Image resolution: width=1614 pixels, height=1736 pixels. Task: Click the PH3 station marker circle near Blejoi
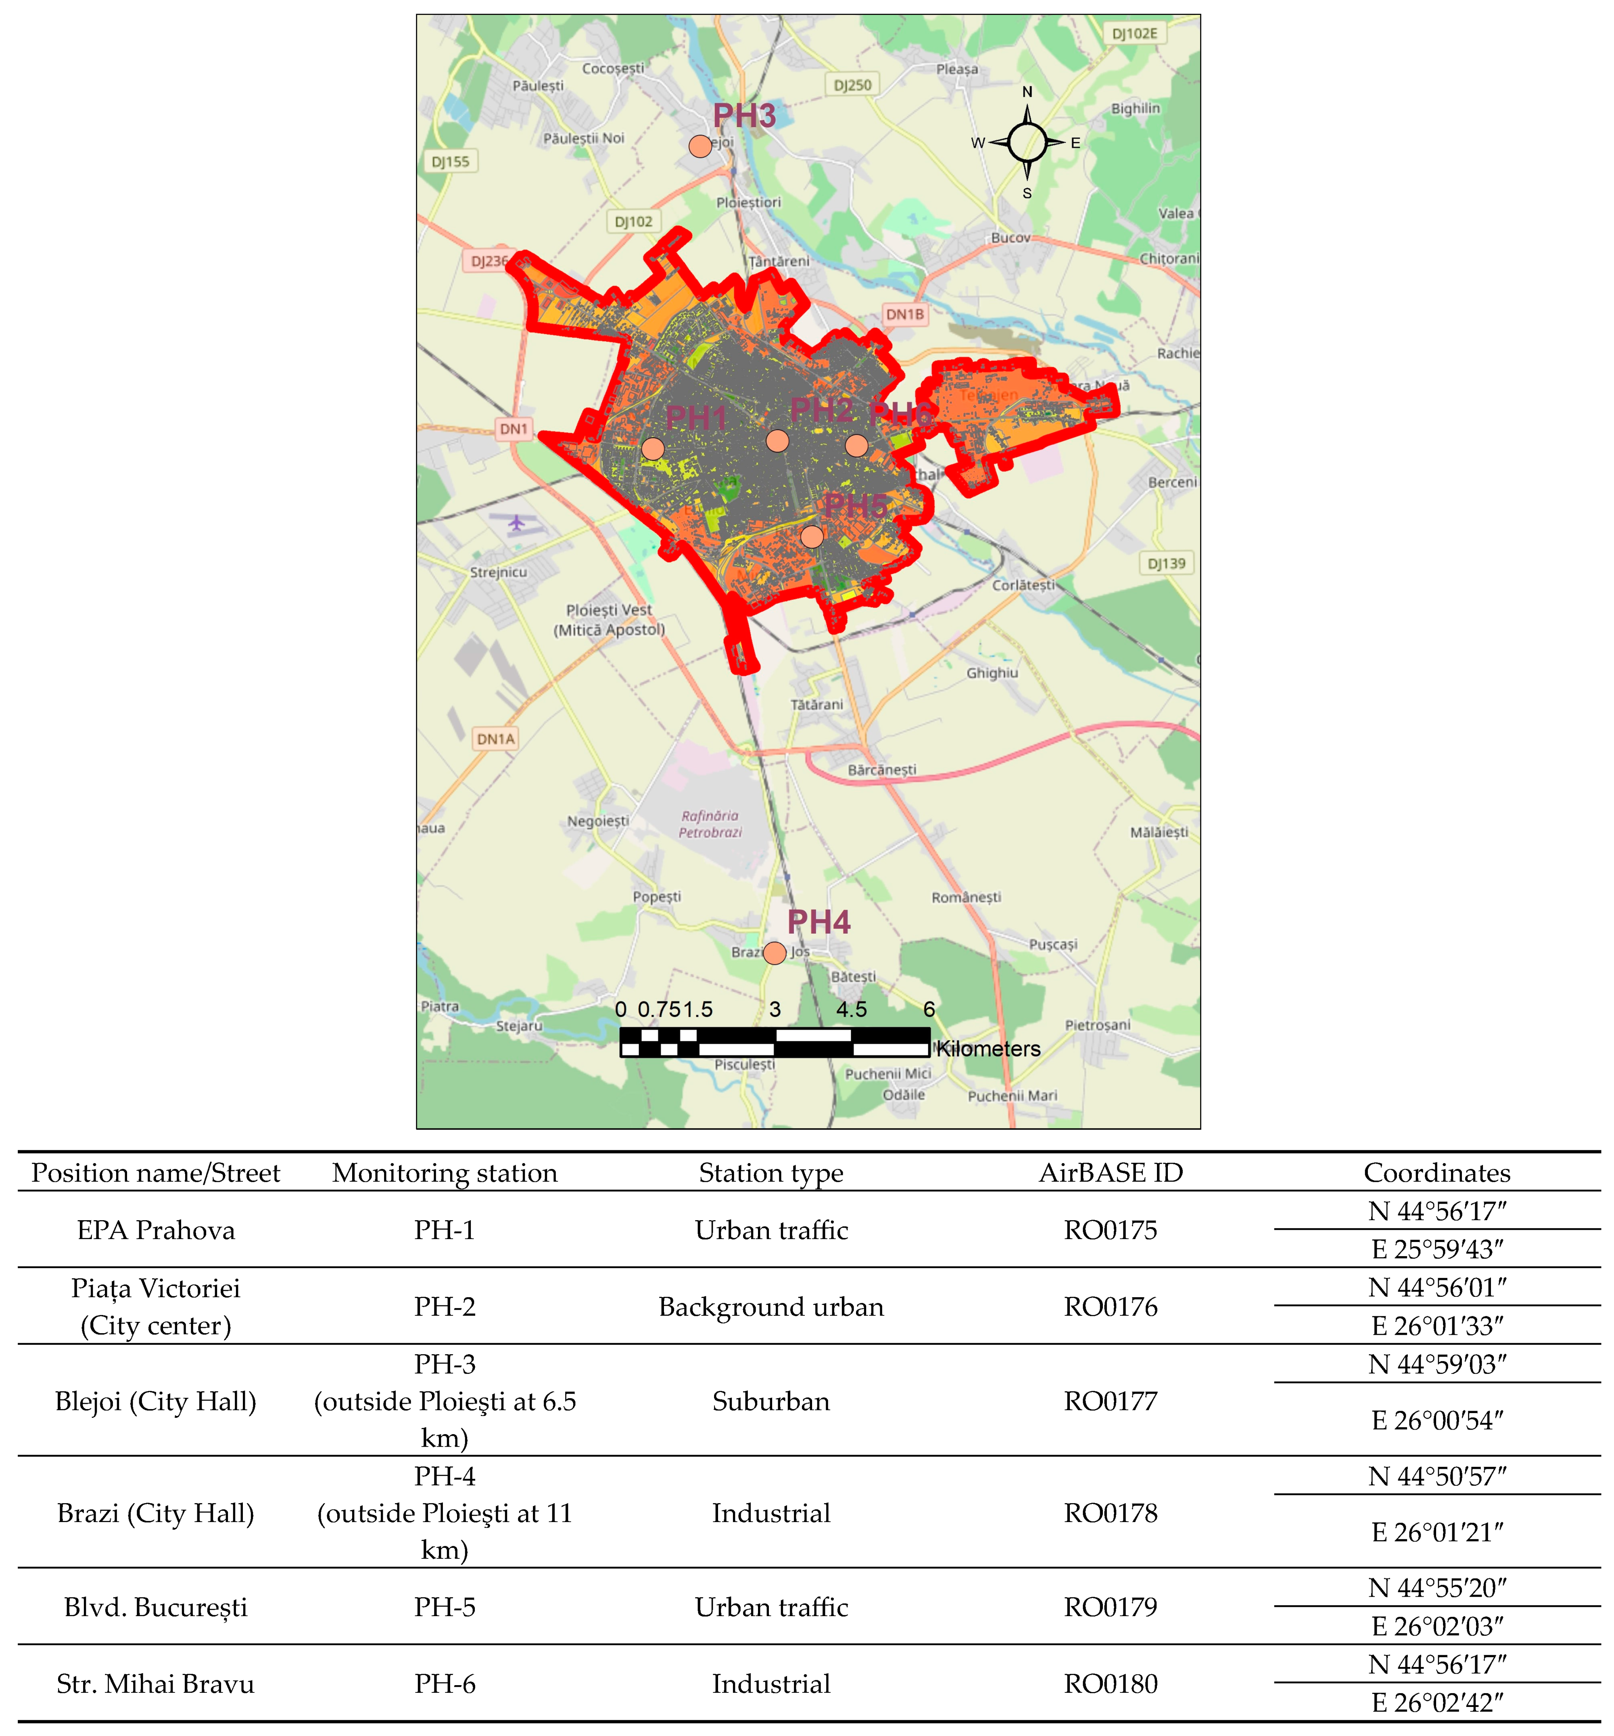tap(699, 146)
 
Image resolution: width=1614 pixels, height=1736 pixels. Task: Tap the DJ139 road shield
tap(1166, 563)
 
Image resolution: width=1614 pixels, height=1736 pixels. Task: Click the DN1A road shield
tap(495, 739)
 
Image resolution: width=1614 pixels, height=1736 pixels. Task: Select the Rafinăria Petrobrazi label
tap(710, 823)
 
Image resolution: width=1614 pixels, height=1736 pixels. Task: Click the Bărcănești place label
tap(882, 769)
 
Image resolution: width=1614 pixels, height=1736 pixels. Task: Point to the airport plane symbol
tap(517, 523)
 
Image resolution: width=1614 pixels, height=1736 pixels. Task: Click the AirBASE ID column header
tap(1110, 1173)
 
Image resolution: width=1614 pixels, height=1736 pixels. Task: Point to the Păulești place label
tap(538, 86)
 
